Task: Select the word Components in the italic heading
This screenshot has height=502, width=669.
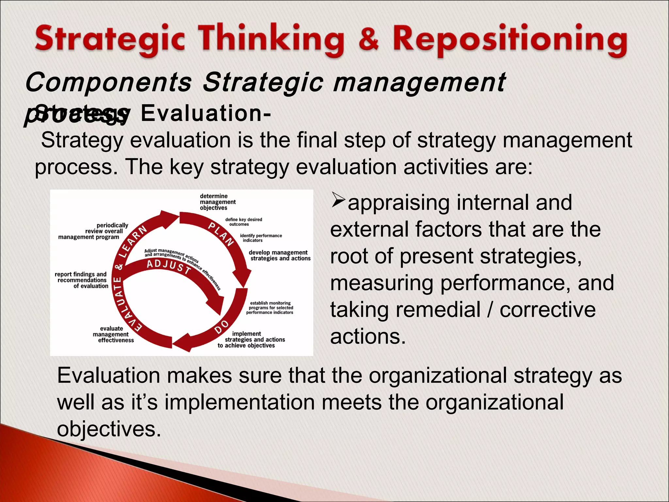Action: (x=108, y=82)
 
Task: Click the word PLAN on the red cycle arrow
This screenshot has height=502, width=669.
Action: (x=221, y=234)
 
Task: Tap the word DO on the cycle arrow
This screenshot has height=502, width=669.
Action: (x=222, y=326)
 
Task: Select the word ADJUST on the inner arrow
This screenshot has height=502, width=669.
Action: (x=169, y=266)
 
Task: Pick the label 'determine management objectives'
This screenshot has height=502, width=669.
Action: (x=217, y=202)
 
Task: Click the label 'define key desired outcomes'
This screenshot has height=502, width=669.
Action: (x=243, y=222)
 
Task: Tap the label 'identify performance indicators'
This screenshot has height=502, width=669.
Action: (x=260, y=238)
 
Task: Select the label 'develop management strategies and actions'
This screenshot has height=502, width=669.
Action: (x=280, y=256)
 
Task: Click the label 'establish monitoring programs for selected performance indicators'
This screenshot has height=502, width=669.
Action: (x=270, y=308)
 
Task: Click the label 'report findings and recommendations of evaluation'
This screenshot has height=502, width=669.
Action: (x=82, y=280)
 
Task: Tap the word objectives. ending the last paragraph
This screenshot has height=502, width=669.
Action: (x=109, y=429)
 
